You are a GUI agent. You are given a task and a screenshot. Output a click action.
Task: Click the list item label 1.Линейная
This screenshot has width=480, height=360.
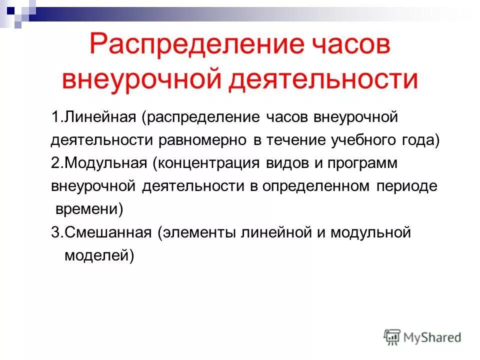tap(93, 118)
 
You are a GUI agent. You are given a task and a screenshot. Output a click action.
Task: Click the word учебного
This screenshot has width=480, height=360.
tap(361, 140)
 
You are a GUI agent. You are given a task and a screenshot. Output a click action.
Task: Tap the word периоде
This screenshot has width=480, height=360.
tap(407, 186)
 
